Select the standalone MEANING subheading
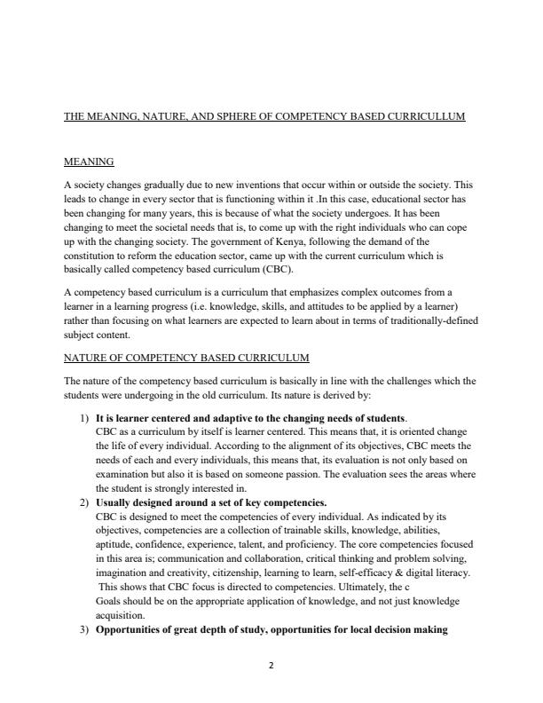[x=89, y=162]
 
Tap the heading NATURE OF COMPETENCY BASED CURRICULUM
[x=186, y=358]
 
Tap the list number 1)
[x=87, y=417]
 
